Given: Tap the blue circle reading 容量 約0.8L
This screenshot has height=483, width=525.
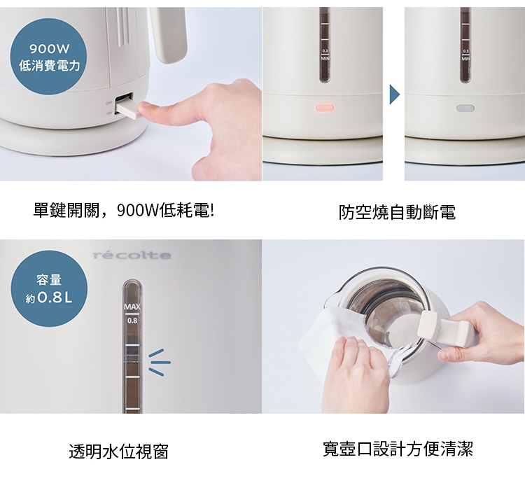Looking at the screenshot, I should pyautogui.click(x=49, y=289).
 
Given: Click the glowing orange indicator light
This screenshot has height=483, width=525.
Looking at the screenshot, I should pyautogui.click(x=325, y=108).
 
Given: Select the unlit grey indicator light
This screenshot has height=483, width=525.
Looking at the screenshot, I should pyautogui.click(x=465, y=108).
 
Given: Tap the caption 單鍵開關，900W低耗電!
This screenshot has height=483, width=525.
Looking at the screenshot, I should pyautogui.click(x=123, y=210).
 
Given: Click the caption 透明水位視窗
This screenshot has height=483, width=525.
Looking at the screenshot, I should pyautogui.click(x=118, y=451).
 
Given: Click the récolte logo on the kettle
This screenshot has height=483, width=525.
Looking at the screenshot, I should pyautogui.click(x=132, y=255).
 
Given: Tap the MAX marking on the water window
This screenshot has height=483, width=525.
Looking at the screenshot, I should pyautogui.click(x=132, y=309).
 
